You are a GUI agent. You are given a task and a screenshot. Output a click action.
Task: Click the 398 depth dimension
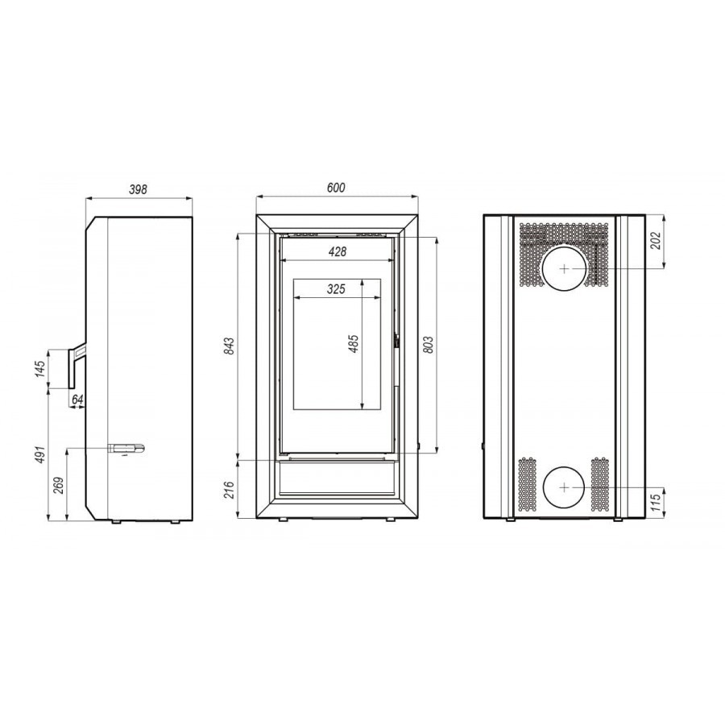(139, 189)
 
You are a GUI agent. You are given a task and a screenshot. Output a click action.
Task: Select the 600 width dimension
(336, 188)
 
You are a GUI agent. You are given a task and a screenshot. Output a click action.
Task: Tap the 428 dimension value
(337, 252)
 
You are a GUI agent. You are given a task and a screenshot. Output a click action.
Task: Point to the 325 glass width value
(337, 288)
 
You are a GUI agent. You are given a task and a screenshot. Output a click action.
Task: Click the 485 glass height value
(353, 343)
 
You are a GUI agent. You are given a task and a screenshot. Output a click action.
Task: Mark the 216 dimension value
(229, 489)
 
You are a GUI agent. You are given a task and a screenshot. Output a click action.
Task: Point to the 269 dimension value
(58, 485)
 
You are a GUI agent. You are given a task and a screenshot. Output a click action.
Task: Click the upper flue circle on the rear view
(564, 267)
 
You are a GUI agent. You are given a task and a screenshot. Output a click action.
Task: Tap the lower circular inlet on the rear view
(564, 488)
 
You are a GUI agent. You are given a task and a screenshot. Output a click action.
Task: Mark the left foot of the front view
(283, 520)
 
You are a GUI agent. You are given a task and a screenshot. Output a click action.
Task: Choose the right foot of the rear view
(618, 520)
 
